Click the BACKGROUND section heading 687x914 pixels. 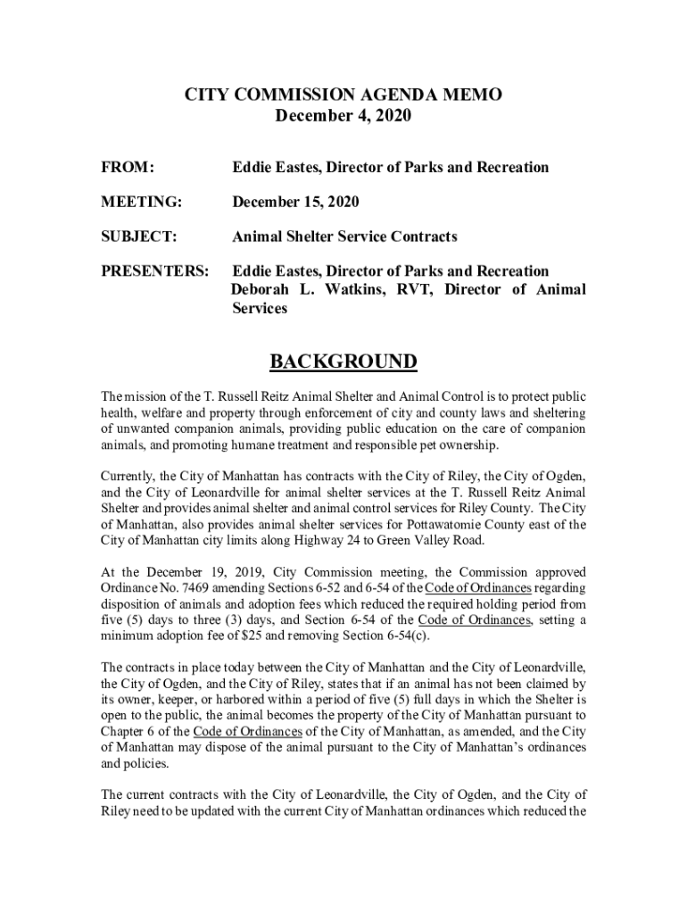click(343, 361)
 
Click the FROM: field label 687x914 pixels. click(127, 168)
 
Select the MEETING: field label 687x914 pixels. click(141, 203)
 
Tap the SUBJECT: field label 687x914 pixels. click(138, 237)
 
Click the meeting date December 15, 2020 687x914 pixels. click(295, 203)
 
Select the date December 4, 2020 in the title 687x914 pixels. click(343, 117)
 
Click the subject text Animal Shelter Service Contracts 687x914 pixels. click(344, 237)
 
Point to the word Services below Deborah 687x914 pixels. click(260, 308)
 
